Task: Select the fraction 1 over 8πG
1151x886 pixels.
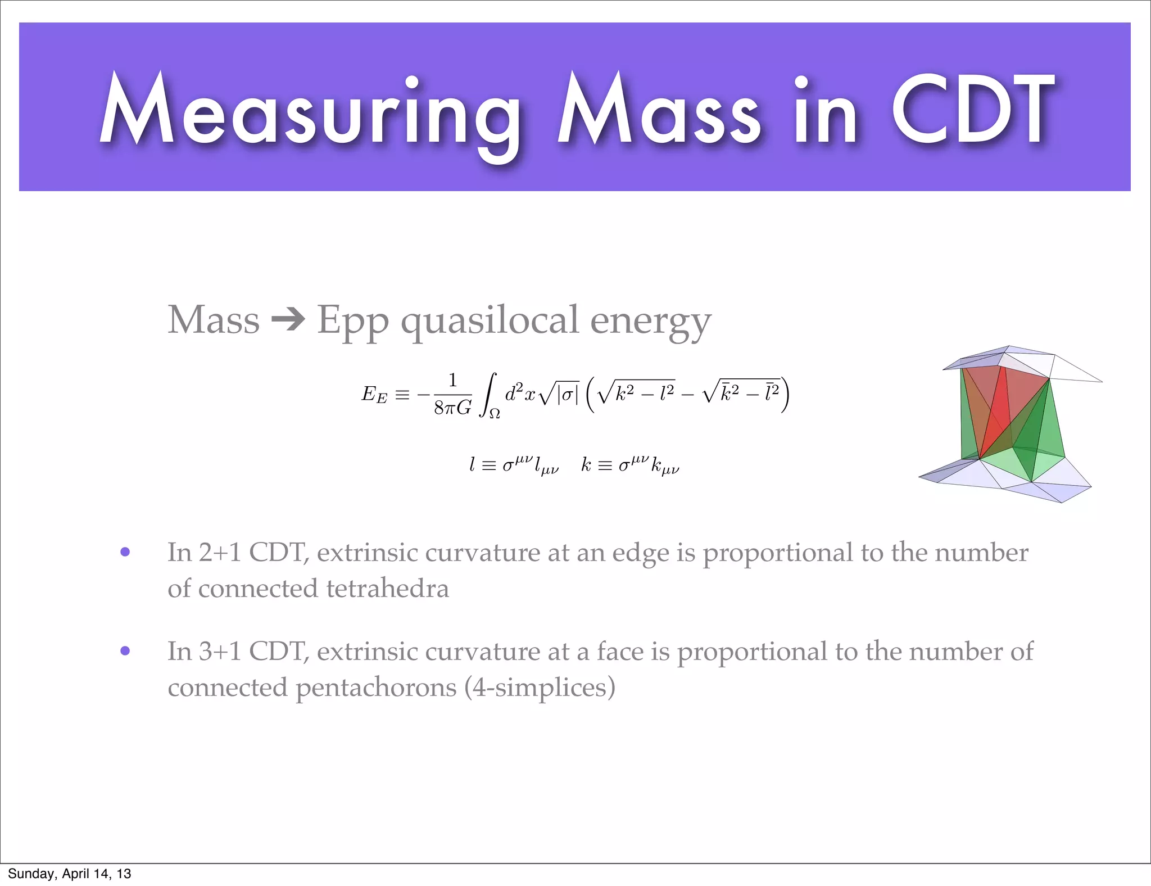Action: coord(452,394)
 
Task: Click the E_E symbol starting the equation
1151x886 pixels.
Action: coord(374,394)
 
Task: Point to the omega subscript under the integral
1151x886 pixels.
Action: coord(495,415)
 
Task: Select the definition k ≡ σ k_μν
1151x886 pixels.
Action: coord(630,465)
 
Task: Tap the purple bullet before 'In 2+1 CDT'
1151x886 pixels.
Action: coord(125,552)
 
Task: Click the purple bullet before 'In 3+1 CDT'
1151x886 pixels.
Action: coord(125,651)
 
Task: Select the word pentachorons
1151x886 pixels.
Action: coord(376,688)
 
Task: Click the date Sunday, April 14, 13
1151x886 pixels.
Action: coord(69,874)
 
